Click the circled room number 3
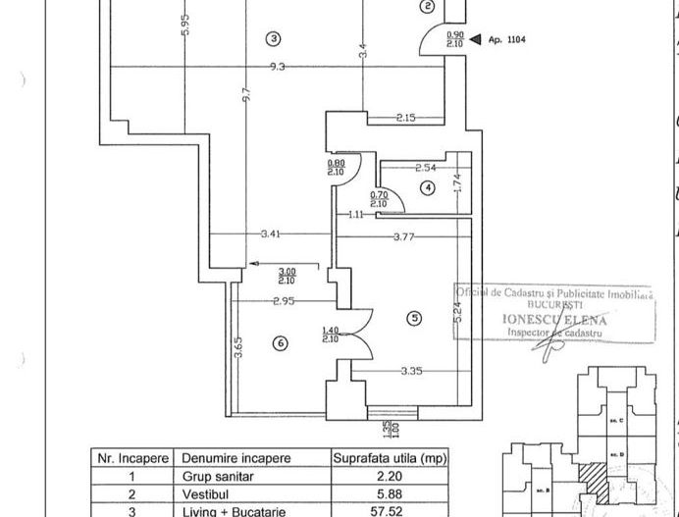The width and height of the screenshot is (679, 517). click(x=274, y=38)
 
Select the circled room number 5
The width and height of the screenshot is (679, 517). click(x=415, y=317)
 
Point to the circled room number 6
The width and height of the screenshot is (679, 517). click(x=281, y=342)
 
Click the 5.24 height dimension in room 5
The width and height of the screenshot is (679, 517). click(x=458, y=312)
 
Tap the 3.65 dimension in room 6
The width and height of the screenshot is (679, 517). click(x=237, y=347)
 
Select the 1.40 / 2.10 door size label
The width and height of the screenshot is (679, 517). click(x=331, y=336)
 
